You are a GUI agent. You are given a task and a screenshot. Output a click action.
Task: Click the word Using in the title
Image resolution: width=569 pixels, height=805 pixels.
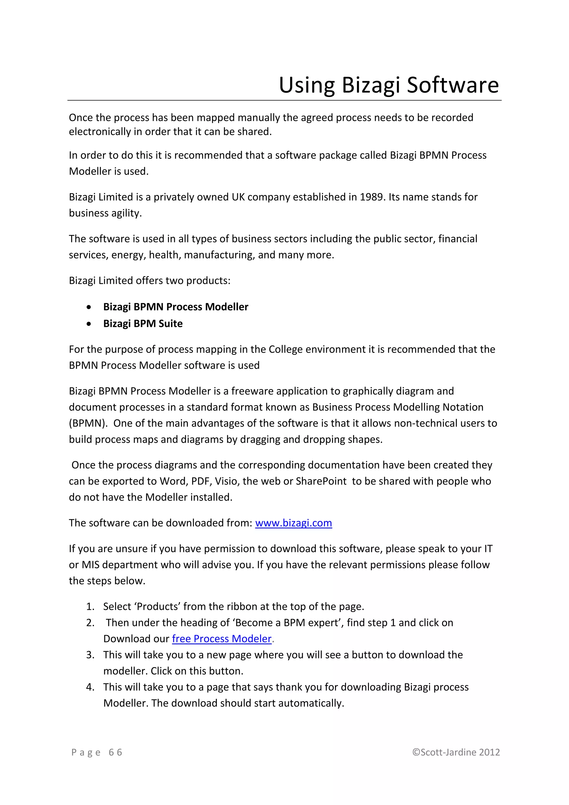point(306,85)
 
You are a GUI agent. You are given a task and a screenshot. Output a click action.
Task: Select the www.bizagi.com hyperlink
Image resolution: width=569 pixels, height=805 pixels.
point(293,523)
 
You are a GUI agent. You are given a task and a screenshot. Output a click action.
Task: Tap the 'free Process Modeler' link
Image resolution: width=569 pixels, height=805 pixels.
point(222,638)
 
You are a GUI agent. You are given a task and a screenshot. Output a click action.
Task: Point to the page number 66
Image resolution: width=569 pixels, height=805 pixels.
point(115,752)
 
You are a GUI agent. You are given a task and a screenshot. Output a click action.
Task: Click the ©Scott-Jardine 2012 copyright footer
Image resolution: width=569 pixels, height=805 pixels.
point(456,752)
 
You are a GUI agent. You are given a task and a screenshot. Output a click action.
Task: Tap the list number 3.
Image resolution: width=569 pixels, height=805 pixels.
point(90,655)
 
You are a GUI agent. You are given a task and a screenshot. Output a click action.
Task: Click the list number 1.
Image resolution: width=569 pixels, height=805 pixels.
point(90,606)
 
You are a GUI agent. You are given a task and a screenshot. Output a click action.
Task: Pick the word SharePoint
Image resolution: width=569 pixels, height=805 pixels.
point(321,481)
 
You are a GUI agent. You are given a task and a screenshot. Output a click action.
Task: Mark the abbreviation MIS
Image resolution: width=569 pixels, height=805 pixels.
point(90,565)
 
